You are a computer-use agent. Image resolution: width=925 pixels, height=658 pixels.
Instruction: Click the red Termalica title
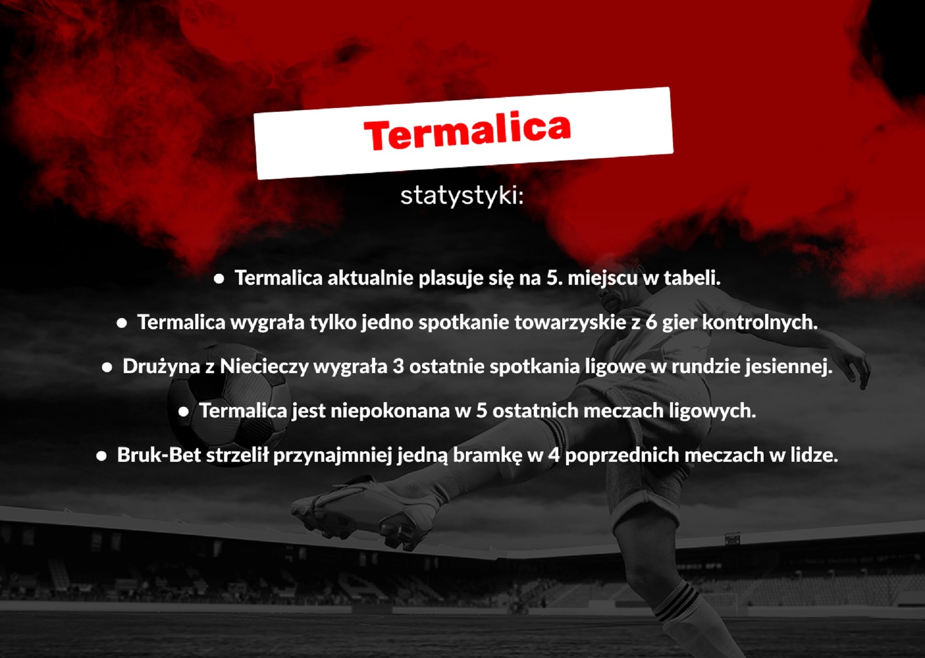[x=467, y=131]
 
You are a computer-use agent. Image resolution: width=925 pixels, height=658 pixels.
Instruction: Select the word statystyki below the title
[x=461, y=196]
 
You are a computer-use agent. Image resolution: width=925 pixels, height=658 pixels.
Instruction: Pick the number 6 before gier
[x=651, y=322]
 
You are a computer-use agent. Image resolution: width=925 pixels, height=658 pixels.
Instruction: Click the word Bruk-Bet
[x=159, y=455]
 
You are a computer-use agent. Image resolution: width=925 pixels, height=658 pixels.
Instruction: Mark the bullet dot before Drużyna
[x=107, y=368]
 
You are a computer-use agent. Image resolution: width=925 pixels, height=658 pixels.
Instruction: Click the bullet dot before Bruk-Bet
[x=101, y=456]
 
